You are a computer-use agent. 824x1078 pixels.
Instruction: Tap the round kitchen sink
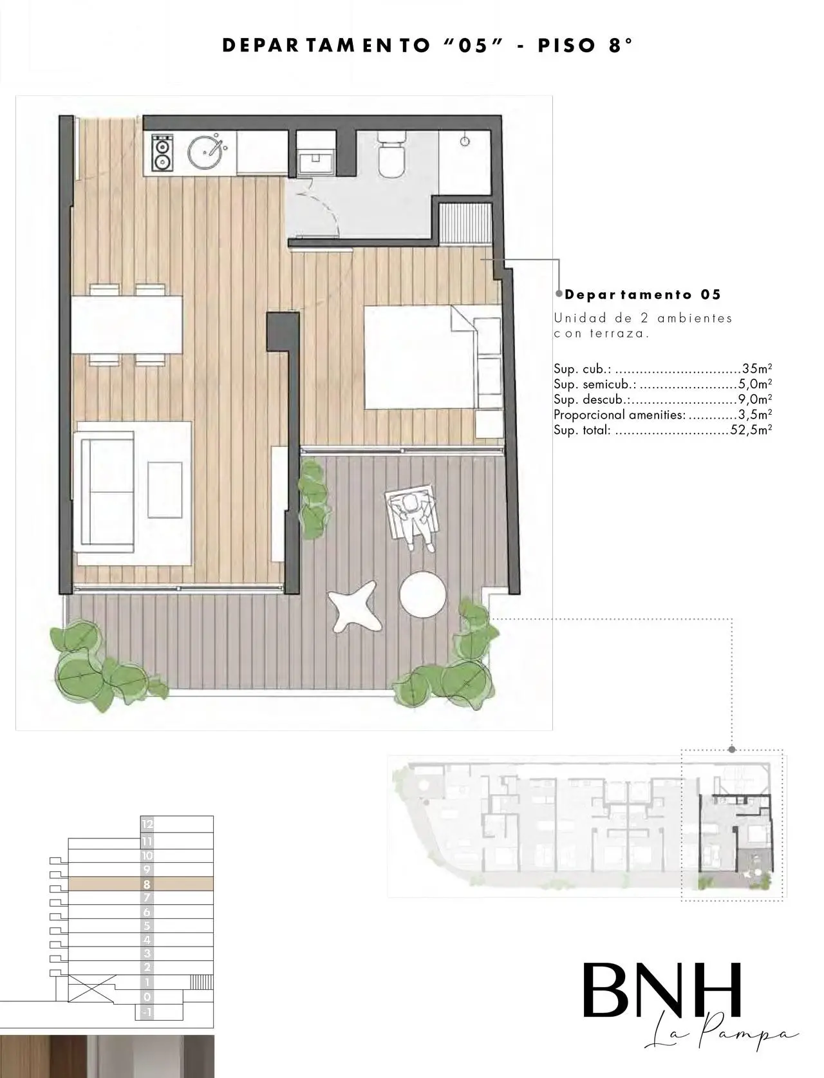(x=205, y=150)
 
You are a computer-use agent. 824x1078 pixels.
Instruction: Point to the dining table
(x=127, y=324)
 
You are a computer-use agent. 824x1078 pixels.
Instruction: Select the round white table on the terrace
(x=422, y=595)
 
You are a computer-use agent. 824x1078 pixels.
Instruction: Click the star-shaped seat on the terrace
(x=354, y=606)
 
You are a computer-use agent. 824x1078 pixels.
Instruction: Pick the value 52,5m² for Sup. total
(x=751, y=430)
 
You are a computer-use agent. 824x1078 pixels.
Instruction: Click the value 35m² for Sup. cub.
(x=757, y=368)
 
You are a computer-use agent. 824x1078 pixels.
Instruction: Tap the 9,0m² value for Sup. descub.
(x=755, y=399)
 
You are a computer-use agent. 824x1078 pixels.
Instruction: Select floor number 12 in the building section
(x=147, y=824)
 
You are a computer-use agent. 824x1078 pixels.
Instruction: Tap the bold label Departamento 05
(x=642, y=295)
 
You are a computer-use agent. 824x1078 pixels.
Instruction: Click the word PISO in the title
(x=567, y=46)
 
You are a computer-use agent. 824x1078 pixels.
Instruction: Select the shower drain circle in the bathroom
(x=465, y=142)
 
